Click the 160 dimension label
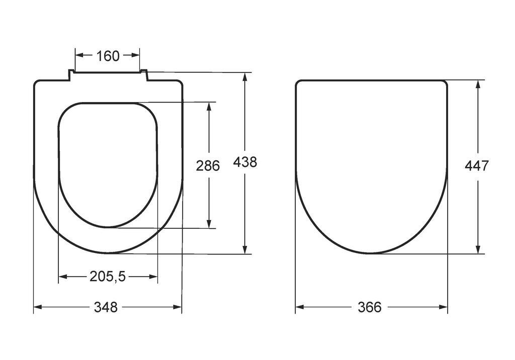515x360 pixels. (108, 56)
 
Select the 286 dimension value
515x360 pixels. (208, 165)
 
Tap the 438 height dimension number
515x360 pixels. (245, 162)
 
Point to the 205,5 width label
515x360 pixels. (108, 277)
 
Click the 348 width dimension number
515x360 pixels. (106, 307)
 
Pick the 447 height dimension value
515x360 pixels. (477, 166)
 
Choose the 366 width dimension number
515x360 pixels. (370, 307)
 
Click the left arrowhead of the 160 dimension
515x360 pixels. (80, 55)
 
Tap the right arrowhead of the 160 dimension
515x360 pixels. (136, 55)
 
